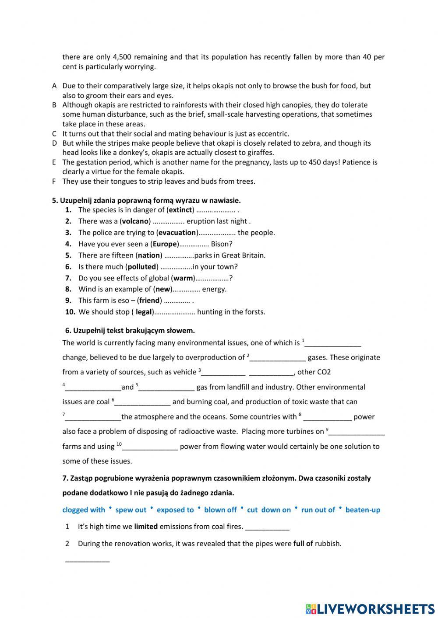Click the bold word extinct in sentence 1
tap(180, 210)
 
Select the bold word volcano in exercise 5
tap(136, 221)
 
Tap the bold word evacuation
tap(177, 233)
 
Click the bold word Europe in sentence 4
tap(165, 244)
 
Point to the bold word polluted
tap(142, 267)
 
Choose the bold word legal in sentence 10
tap(143, 312)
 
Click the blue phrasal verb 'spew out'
tap(131, 510)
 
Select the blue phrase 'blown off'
tap(220, 510)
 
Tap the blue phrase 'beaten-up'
tap(363, 510)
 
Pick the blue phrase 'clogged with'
tap(84, 510)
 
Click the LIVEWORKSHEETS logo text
tap(376, 608)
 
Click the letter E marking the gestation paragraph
tap(54, 162)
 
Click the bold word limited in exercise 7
tap(146, 527)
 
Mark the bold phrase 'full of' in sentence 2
tap(303, 544)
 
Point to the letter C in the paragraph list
tap(54, 134)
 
